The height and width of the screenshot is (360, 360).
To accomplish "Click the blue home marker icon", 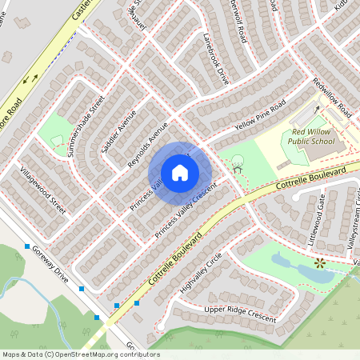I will pyautogui.click(x=180, y=173).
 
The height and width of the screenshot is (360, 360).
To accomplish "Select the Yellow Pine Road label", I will pyautogui.click(x=260, y=117).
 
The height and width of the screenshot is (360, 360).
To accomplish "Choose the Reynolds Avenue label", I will pyautogui.click(x=148, y=145).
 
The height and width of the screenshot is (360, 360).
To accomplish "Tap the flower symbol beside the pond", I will pyautogui.click(x=320, y=262).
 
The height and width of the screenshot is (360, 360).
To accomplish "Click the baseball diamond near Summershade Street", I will pyautogui.click(x=56, y=140).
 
